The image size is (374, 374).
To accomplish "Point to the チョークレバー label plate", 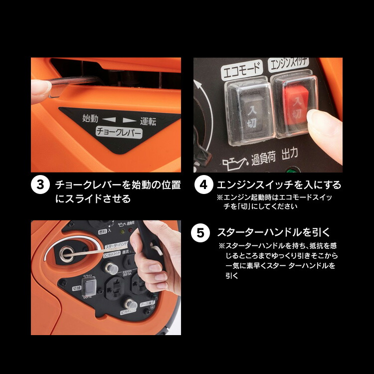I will [x=119, y=133].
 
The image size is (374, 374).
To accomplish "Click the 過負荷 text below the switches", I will [x=262, y=159].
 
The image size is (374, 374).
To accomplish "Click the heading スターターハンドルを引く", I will [x=274, y=233].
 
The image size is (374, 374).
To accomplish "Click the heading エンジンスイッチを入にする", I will [x=279, y=185].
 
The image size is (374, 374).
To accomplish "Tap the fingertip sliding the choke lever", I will [x=39, y=90].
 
